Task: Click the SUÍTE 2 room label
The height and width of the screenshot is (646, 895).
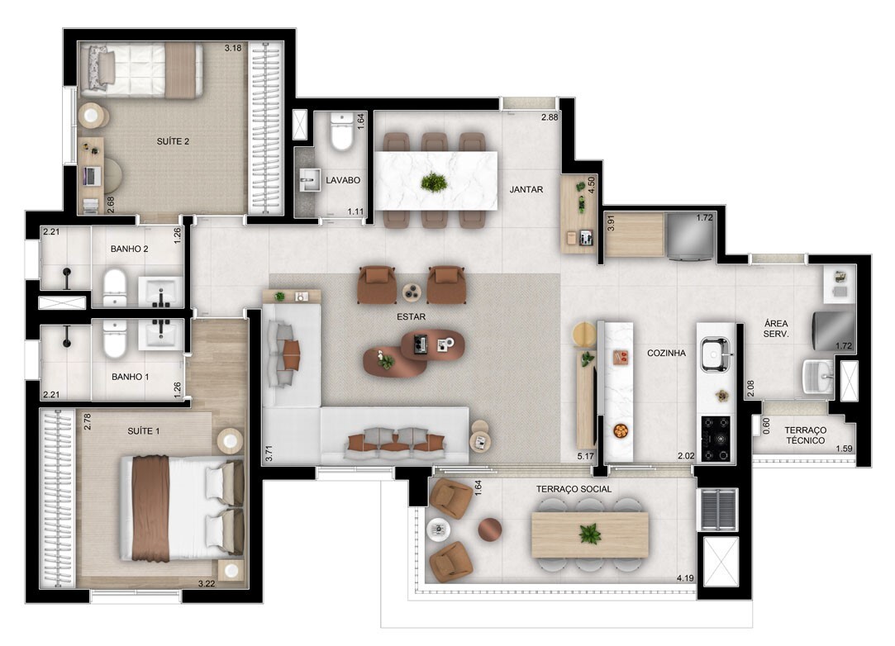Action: [173, 141]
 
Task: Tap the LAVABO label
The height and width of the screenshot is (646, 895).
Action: [343, 180]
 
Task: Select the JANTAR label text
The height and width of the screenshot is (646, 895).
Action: [526, 189]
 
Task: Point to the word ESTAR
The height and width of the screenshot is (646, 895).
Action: [411, 316]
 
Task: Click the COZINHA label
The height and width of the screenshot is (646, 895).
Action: [666, 354]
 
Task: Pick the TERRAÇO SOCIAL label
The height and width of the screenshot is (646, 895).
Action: [574, 489]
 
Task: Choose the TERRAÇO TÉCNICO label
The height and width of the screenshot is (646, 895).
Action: [806, 435]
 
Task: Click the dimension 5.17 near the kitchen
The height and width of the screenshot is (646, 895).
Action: [586, 456]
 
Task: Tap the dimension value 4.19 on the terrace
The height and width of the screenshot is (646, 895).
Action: [686, 578]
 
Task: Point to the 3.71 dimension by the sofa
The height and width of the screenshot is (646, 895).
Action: [269, 454]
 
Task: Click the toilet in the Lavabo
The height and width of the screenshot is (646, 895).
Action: [342, 132]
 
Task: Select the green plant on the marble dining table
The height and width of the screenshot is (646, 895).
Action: [434, 182]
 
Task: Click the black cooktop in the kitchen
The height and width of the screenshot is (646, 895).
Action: [716, 439]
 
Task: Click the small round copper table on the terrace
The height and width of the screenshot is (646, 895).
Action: [490, 530]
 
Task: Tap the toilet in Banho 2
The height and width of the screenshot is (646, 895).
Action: [115, 286]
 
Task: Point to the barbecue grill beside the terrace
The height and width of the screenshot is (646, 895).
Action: [718, 510]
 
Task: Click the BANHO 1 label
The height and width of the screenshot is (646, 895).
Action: [130, 377]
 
